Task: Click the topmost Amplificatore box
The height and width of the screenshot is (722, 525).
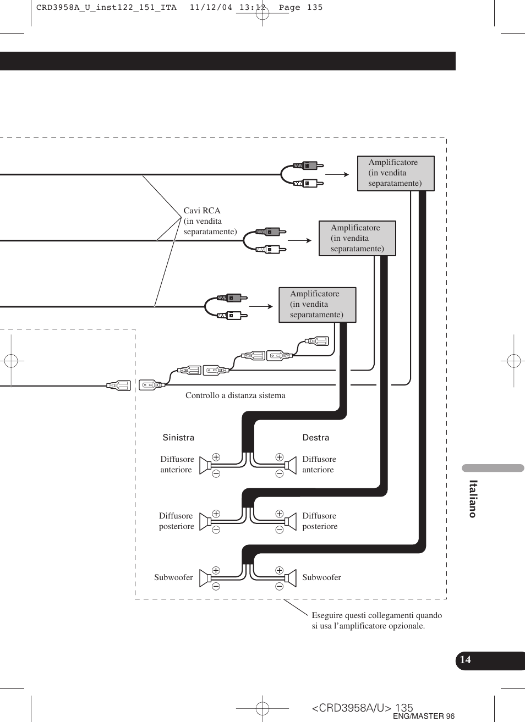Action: tap(396, 173)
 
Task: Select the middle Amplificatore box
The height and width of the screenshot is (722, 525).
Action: tap(357, 238)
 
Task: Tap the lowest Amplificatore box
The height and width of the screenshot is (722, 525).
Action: tap(317, 304)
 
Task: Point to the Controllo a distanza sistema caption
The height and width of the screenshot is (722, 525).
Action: tap(235, 395)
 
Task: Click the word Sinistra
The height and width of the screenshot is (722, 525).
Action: tap(178, 438)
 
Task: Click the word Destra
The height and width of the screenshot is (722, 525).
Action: tap(316, 438)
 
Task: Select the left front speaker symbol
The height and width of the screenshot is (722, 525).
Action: tap(205, 465)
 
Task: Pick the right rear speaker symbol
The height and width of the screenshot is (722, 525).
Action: tap(289, 521)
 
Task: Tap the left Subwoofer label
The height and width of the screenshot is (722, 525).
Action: tap(173, 577)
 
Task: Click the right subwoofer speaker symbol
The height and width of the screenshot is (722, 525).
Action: tap(289, 578)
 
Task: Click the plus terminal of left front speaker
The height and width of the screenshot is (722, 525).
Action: tap(216, 457)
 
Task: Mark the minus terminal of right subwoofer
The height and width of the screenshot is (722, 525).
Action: tap(279, 586)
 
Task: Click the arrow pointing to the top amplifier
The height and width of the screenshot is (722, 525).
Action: tap(337, 174)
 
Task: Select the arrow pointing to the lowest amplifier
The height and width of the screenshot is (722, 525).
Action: tap(261, 306)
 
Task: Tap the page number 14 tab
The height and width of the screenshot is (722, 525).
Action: tap(466, 660)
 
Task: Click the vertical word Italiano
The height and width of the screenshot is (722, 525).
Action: tap(473, 499)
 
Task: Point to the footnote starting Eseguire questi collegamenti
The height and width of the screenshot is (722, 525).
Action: tap(376, 620)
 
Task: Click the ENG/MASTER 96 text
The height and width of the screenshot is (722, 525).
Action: tap(424, 716)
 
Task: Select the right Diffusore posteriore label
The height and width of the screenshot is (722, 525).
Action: tap(320, 521)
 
